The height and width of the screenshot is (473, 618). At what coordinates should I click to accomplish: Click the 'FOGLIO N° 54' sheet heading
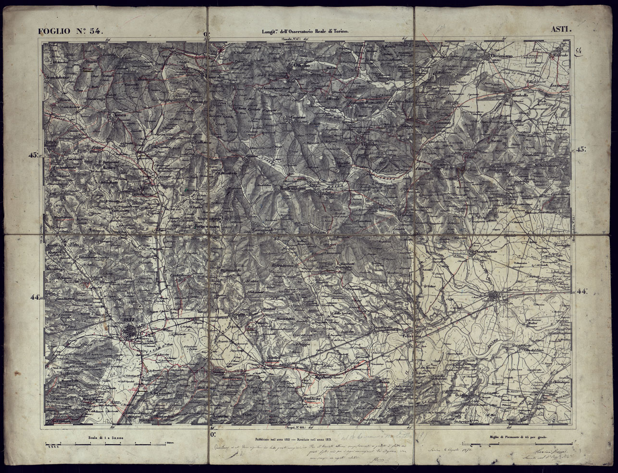[x=71, y=31]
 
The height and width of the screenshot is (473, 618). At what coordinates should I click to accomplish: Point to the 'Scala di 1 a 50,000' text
[x=106, y=438]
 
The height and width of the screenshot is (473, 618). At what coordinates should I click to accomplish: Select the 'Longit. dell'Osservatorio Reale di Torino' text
[x=305, y=31]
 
